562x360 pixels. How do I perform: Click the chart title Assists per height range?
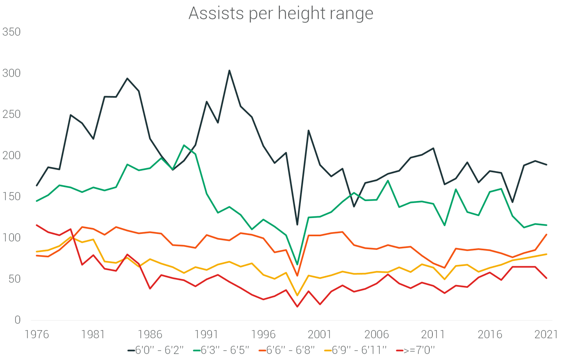coord(281,13)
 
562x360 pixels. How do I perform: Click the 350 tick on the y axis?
coord(11,32)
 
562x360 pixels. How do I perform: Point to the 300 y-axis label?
coord(11,73)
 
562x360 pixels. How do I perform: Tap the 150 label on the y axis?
coord(11,196)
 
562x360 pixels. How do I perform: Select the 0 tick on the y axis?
coord(17,320)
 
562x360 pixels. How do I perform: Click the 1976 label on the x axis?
coord(37,335)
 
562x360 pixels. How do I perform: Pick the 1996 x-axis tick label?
coord(263,335)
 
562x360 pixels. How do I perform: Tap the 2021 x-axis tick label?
coord(546,335)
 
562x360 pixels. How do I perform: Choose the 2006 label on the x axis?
coord(377,335)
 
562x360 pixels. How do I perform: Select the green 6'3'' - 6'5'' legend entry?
coord(221,350)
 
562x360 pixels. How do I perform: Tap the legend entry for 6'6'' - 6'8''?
coord(286,350)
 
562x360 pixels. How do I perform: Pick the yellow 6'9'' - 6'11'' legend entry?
coord(355,350)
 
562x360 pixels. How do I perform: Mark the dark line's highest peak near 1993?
coord(229,71)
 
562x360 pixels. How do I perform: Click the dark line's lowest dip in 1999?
coord(297,225)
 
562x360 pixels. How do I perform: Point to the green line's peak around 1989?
coord(184,145)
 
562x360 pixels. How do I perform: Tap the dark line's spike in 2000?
coord(308,130)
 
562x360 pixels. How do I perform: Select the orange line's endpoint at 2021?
coord(546,235)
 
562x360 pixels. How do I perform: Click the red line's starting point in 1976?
coord(37,225)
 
